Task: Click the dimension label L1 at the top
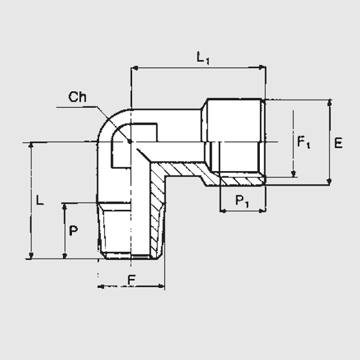[x=203, y=58]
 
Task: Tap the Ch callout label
[x=79, y=97]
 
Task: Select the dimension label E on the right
[x=338, y=143]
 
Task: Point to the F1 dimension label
[x=304, y=143]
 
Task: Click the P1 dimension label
[x=242, y=201]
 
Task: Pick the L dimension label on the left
[x=39, y=200]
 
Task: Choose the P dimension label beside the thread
[x=73, y=231]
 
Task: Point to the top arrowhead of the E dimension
[x=329, y=103]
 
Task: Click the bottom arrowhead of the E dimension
[x=329, y=181]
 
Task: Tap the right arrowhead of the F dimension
[x=161, y=287]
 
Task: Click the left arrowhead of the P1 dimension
[x=223, y=211]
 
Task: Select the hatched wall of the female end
[x=240, y=181]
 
